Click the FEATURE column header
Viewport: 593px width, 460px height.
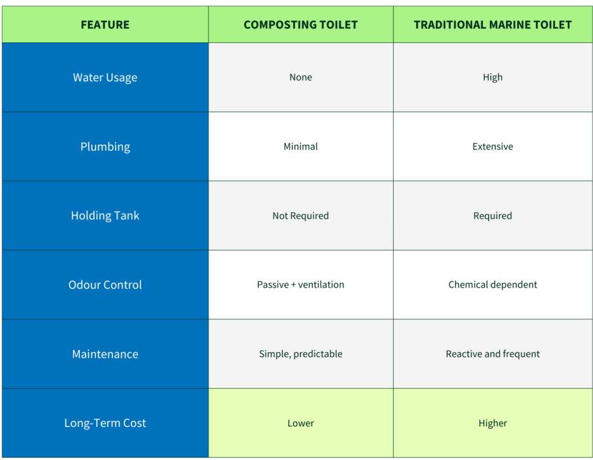coord(105,24)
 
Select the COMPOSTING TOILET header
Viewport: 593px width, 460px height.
coord(301,24)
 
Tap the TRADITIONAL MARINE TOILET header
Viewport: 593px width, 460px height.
coord(492,24)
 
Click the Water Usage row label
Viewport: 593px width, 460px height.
coord(105,77)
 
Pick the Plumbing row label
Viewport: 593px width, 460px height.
coord(105,146)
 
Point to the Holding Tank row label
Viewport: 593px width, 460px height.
coord(105,215)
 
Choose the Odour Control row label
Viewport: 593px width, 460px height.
coord(105,285)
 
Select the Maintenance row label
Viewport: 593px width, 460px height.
coord(105,354)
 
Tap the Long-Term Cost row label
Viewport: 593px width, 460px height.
coord(105,423)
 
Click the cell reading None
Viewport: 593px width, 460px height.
coord(301,77)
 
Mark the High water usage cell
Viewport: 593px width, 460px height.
coord(492,77)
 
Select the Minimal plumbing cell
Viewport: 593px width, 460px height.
coord(301,146)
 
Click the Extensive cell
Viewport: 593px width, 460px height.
coord(492,146)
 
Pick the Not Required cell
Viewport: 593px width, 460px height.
coord(301,215)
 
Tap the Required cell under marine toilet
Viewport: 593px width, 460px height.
coord(492,215)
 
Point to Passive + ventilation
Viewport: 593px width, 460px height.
coord(301,285)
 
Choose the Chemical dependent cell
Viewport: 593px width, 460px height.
coord(492,285)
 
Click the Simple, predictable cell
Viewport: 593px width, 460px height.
coord(301,354)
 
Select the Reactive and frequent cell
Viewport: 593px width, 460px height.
coord(492,354)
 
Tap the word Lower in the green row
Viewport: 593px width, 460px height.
coord(301,423)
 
